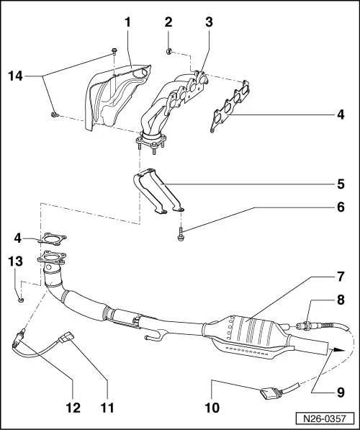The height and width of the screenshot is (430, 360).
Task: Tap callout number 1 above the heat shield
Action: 127,22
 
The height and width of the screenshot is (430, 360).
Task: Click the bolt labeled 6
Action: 178,233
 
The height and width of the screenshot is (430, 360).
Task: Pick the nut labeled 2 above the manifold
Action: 167,50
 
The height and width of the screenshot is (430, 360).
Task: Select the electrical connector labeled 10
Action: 267,393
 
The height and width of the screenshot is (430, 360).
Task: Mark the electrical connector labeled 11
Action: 70,334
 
